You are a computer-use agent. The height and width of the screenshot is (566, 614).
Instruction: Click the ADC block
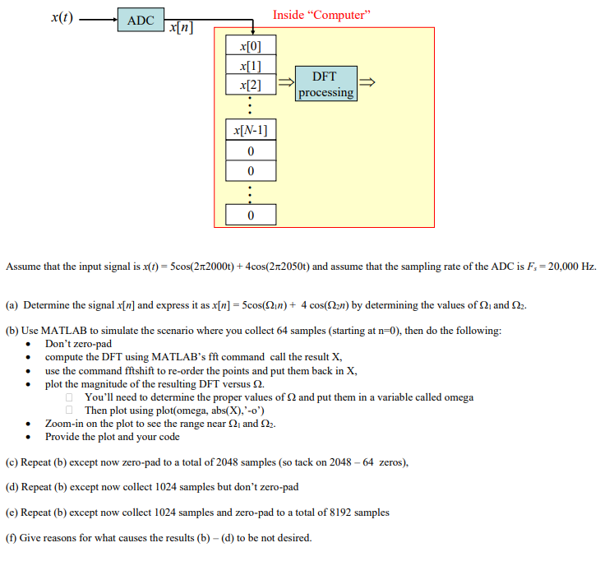point(141,21)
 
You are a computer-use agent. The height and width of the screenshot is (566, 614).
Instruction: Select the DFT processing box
point(325,84)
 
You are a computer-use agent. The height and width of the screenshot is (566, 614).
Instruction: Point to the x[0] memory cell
point(251,45)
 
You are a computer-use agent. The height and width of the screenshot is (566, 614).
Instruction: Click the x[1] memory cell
point(251,65)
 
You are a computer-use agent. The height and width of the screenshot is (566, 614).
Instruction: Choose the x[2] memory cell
point(251,84)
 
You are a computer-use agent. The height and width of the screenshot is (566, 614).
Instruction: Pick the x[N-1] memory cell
point(251,130)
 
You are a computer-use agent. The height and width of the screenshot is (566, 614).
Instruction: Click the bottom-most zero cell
point(251,215)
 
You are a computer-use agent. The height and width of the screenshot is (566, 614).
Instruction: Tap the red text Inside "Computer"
point(322,15)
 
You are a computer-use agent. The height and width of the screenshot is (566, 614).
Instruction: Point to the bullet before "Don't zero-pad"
point(30,345)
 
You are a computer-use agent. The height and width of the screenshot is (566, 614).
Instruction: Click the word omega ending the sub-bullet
point(458,397)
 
